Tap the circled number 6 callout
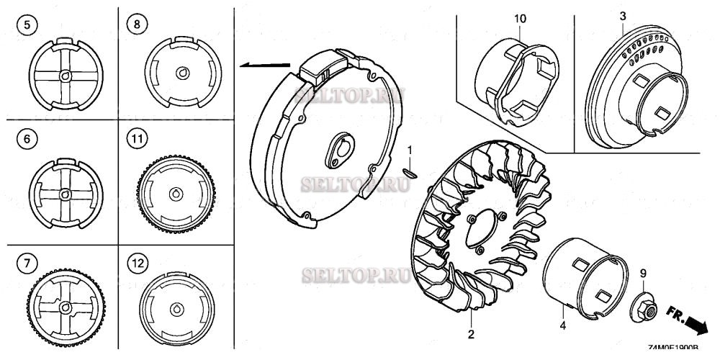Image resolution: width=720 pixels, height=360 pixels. [26, 140]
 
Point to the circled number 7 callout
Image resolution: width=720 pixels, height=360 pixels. [26, 263]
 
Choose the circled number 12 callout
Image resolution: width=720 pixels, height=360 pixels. [135, 263]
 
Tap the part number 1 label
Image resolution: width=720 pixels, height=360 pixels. [410, 150]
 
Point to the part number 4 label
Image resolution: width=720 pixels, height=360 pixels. [564, 325]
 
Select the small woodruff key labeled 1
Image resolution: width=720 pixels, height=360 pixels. [410, 171]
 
